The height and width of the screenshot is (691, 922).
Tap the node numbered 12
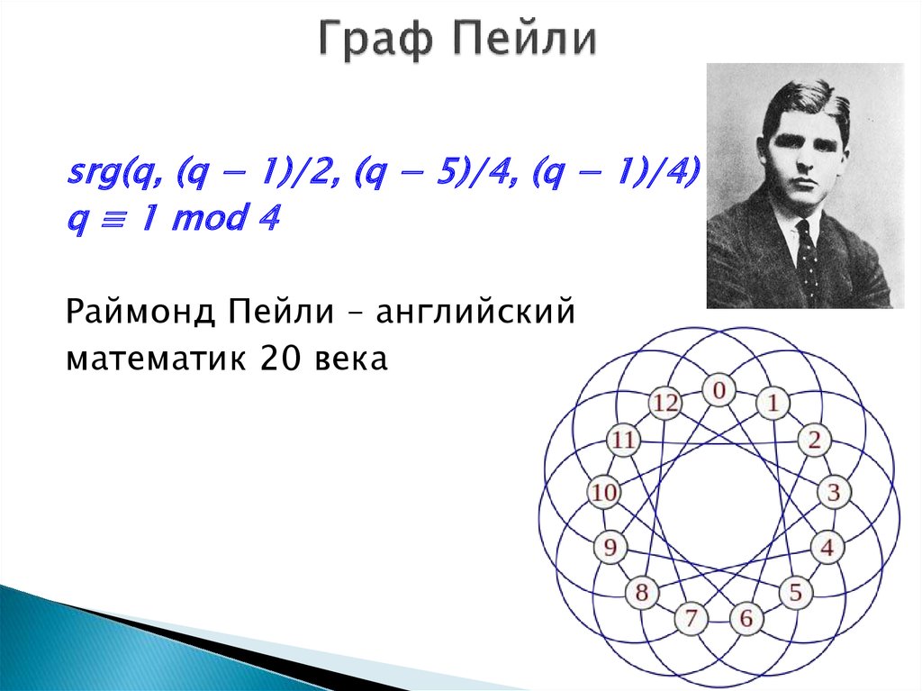[664, 404]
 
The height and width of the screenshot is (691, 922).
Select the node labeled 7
[691, 619]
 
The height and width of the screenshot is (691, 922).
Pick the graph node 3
[834, 493]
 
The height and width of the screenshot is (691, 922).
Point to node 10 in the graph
[605, 493]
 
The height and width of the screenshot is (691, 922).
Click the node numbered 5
[796, 592]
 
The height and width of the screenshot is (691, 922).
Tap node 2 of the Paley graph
[813, 441]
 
